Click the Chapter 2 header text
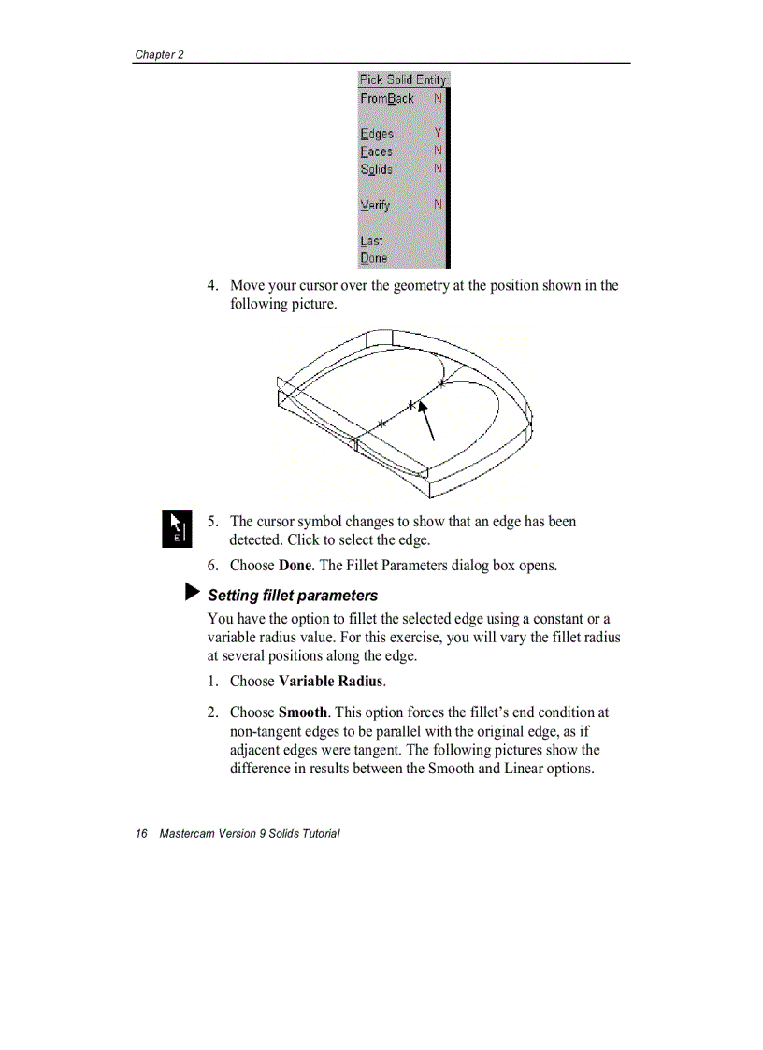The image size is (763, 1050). (x=159, y=54)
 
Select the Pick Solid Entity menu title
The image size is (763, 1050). (x=402, y=79)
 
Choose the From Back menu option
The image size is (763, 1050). (x=386, y=98)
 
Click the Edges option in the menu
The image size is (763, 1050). (x=377, y=134)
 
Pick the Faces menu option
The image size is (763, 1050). (x=376, y=151)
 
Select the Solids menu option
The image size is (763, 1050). (x=376, y=169)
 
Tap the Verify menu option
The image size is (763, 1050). (x=375, y=205)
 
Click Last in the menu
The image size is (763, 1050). (x=371, y=240)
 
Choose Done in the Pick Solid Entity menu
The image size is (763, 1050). (x=373, y=258)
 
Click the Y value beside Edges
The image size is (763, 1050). (x=438, y=133)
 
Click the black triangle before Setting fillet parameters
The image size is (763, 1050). (x=192, y=593)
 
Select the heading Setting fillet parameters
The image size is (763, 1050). (x=293, y=596)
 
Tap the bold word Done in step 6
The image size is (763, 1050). (x=295, y=566)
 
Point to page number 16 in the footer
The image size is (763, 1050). (x=141, y=833)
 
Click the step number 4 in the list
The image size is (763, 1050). (x=213, y=285)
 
